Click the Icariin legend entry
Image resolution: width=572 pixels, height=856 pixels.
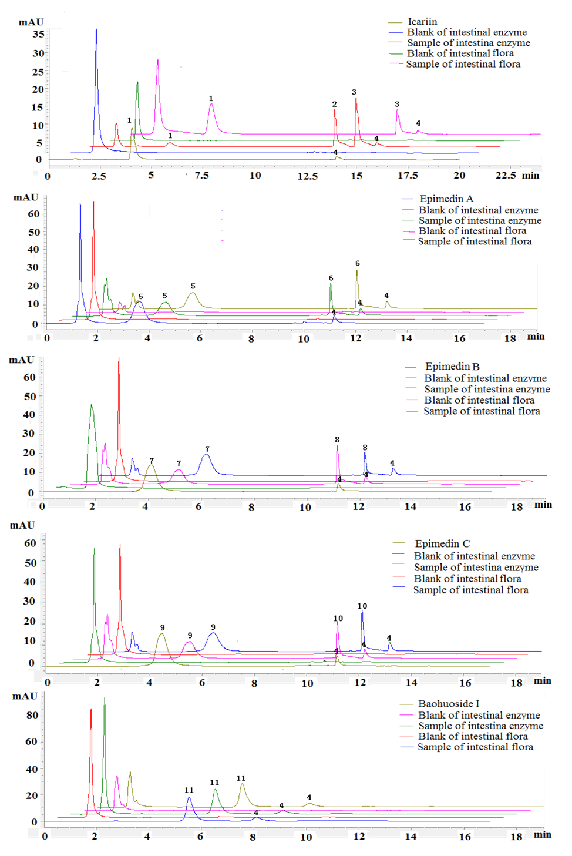click(422, 22)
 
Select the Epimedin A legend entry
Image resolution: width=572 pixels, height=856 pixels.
click(446, 199)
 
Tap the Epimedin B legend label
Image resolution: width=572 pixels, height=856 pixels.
click(452, 366)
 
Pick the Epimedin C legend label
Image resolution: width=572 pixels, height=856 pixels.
click(442, 543)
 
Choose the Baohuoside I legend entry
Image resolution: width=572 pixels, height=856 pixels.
click(449, 703)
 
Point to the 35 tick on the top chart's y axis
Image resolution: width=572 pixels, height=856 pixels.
click(38, 34)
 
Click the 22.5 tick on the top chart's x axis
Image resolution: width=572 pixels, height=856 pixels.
click(506, 175)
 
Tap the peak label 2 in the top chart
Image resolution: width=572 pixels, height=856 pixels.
click(334, 104)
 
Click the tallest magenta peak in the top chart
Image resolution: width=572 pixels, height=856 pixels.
click(157, 61)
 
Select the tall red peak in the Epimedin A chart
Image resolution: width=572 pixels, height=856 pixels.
click(93, 203)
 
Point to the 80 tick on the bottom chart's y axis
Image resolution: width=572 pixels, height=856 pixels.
click(32, 715)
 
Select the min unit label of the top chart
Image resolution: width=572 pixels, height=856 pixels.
click(531, 175)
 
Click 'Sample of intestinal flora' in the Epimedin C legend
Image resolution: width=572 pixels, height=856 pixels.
click(470, 590)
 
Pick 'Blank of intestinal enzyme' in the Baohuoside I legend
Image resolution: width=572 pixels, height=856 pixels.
click(479, 715)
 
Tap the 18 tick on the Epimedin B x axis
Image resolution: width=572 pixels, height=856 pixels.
click(516, 506)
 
